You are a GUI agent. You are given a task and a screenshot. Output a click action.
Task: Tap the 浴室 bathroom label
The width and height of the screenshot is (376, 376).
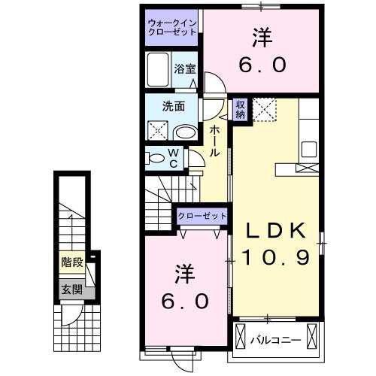(184, 68)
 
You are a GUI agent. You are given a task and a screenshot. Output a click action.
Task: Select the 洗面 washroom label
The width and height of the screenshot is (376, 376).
(176, 106)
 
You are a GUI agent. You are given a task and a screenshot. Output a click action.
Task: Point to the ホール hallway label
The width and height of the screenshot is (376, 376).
(215, 141)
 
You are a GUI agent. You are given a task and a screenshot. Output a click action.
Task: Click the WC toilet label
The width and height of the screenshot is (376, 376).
(172, 159)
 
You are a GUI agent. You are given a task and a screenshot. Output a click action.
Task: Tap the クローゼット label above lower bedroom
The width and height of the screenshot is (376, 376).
(202, 217)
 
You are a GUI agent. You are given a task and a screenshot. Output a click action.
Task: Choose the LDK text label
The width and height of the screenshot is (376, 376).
(273, 229)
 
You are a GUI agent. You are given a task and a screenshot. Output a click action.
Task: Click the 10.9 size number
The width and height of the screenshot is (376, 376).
(276, 258)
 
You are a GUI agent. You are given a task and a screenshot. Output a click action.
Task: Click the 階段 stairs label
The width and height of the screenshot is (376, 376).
(71, 264)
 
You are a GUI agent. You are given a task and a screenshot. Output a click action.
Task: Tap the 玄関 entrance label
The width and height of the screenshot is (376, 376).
(71, 290)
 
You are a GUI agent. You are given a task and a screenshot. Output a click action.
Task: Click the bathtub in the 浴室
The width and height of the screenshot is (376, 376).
(159, 71)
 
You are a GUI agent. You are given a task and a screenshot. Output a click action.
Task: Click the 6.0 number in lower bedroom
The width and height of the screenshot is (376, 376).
(182, 301)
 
